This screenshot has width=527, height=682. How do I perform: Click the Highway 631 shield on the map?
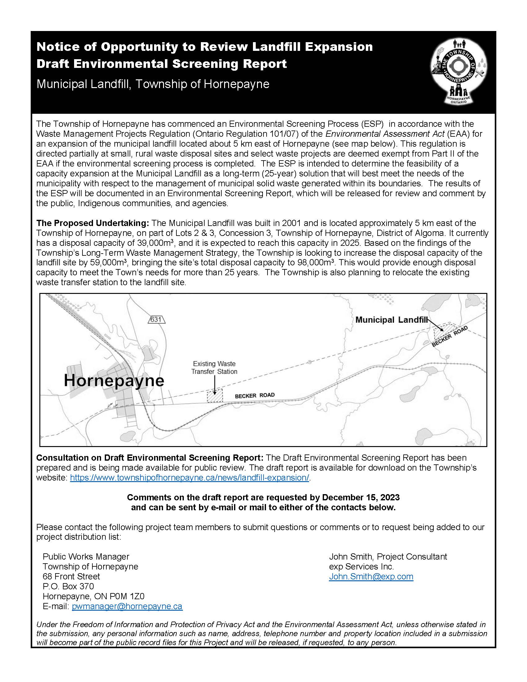(x=156, y=319)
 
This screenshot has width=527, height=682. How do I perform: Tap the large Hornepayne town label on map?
(x=114, y=381)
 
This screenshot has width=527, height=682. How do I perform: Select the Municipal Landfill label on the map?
(x=391, y=320)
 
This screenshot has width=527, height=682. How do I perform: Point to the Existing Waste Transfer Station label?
(x=214, y=368)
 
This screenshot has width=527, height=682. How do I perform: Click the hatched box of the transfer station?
(x=215, y=396)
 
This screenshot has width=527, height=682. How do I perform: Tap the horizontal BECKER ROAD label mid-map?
(x=255, y=395)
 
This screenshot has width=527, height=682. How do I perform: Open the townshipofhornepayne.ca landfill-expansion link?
(x=189, y=478)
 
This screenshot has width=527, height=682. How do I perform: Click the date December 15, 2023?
(x=361, y=497)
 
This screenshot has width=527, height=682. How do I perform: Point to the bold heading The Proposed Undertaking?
(x=93, y=223)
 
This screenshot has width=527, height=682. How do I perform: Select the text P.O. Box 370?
(x=68, y=586)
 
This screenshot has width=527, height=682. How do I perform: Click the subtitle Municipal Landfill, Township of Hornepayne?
(x=153, y=84)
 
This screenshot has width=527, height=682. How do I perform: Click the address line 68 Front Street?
(x=71, y=576)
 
